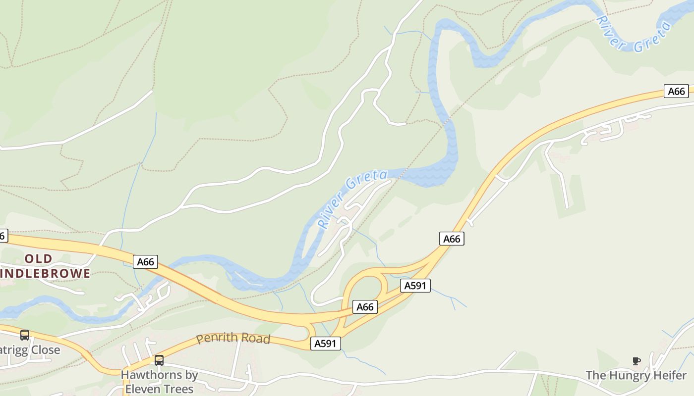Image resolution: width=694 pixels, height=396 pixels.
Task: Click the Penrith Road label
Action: tap(233, 339)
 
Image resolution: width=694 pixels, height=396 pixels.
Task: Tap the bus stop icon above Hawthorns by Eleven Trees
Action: tap(159, 360)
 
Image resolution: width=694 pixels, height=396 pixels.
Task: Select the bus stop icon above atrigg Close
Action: tap(24, 335)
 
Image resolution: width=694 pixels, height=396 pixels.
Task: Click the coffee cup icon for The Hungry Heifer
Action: tap(636, 361)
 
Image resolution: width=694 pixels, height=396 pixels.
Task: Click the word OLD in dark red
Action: tap(38, 258)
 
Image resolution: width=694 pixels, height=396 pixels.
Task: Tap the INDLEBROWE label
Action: tap(46, 273)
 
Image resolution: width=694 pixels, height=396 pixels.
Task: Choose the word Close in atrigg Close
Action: tap(45, 350)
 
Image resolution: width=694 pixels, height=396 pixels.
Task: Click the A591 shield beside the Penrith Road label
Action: tap(326, 344)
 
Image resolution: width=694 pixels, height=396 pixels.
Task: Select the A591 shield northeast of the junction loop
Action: tap(415, 286)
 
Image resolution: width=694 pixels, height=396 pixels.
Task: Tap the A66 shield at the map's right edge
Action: tap(676, 91)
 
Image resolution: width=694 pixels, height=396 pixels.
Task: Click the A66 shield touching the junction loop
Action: tap(365, 307)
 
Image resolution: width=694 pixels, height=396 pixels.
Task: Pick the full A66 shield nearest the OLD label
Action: tap(145, 262)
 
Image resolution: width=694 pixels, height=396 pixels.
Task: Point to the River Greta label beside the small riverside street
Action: tap(352, 199)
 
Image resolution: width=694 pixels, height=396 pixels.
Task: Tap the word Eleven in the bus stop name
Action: tap(142, 389)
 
